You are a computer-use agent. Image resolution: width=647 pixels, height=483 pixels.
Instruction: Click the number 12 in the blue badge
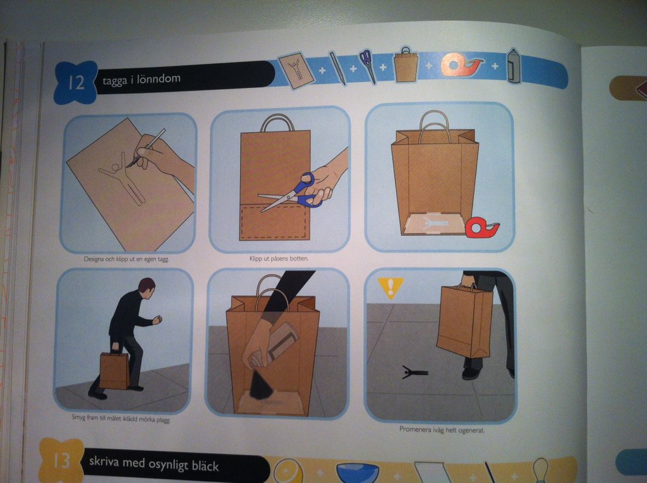click(76, 83)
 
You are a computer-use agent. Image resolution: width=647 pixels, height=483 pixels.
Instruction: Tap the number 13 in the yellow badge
click(61, 460)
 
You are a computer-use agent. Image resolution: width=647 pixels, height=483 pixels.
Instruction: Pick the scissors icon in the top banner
click(368, 65)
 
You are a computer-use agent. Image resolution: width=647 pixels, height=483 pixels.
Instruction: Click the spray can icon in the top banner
click(514, 65)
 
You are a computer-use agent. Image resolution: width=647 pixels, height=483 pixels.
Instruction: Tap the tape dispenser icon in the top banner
click(461, 65)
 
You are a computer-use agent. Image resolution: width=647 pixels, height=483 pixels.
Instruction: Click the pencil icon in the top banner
click(337, 68)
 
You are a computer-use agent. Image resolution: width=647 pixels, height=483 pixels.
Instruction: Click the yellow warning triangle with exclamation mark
click(390, 287)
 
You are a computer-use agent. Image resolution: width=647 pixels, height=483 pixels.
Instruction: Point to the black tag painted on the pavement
click(414, 373)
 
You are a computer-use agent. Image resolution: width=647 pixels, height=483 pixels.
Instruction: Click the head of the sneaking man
click(147, 286)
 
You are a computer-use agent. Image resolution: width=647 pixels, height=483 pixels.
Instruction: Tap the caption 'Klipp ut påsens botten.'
click(279, 259)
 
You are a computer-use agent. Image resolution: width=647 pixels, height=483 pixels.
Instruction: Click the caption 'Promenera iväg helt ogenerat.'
click(442, 429)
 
